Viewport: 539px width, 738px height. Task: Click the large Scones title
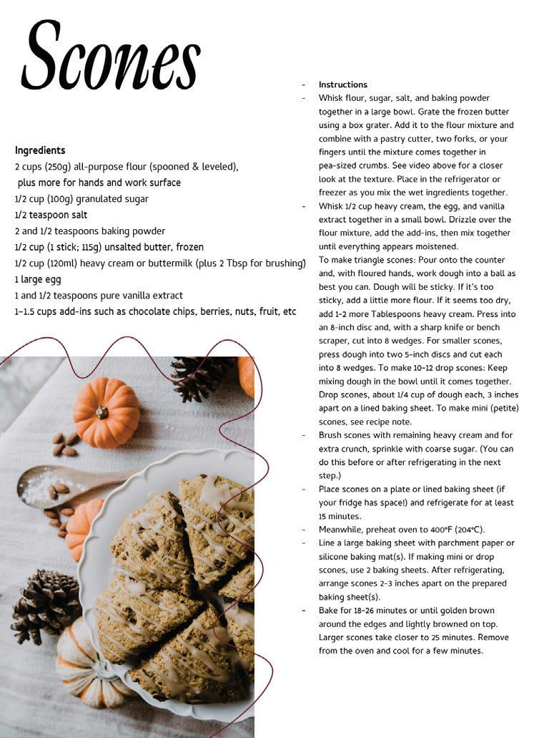point(112,56)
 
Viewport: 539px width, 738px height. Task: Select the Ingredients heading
point(40,150)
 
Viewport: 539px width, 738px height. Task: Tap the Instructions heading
point(343,84)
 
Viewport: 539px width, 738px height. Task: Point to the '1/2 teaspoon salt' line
point(51,215)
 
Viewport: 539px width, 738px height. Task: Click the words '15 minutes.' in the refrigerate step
point(340,516)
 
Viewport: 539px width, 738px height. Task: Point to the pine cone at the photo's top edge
point(199,377)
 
